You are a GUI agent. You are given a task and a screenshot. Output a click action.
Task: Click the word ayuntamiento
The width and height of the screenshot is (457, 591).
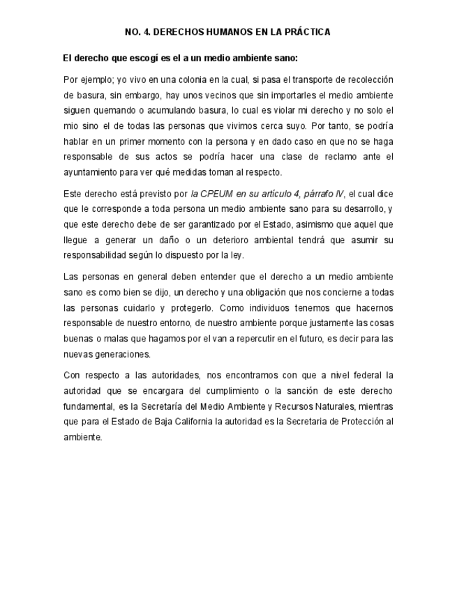[x=89, y=172]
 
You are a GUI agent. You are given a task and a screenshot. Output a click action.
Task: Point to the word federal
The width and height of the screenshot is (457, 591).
[x=365, y=375]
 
